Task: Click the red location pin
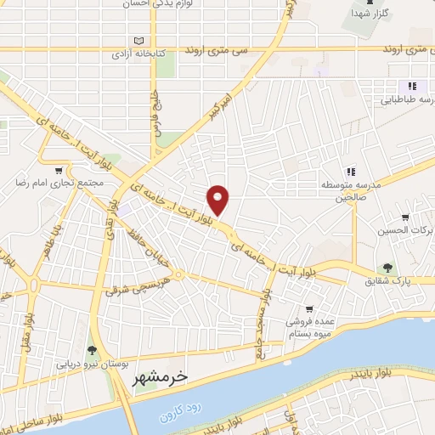click(x=219, y=200)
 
